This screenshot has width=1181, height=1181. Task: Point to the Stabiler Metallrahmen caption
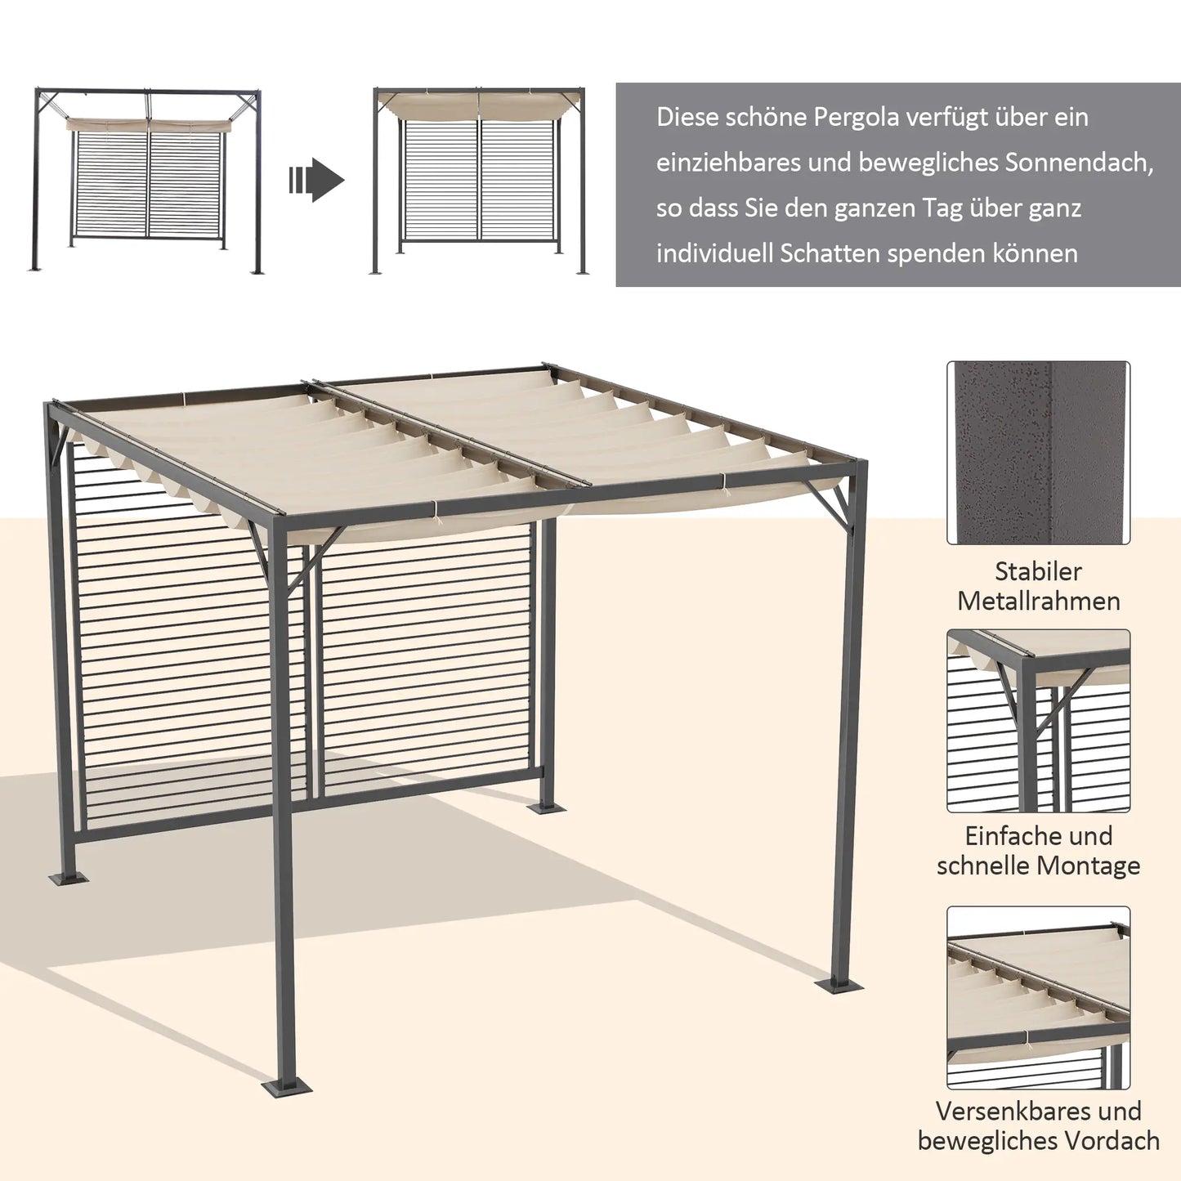point(1038,586)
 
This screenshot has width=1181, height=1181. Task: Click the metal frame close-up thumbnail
point(1038,453)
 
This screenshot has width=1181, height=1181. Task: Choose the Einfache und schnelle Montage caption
point(1038,851)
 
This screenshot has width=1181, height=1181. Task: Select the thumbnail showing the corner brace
point(1038,721)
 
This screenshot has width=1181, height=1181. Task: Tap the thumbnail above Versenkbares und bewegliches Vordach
point(1038,997)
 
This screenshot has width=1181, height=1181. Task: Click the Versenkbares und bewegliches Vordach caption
point(1038,1126)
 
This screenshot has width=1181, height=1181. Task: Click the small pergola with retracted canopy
point(148,181)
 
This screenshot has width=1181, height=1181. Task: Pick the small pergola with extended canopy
point(480,181)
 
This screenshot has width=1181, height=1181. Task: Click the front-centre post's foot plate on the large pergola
point(286,1089)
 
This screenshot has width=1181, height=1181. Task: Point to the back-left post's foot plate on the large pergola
point(69,879)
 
